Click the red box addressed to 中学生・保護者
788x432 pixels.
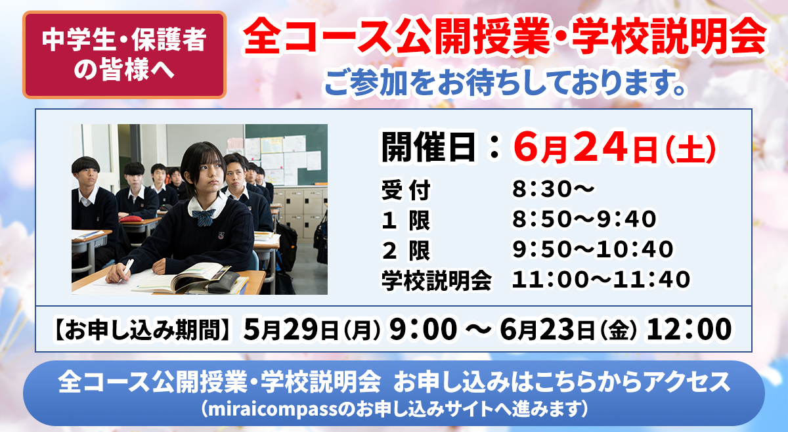124,54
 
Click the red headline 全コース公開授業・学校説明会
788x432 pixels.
505,37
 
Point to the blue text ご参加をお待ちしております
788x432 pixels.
505,83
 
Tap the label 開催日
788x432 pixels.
429,147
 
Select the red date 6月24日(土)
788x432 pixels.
614,147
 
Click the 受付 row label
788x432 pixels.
406,190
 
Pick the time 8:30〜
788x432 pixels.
553,189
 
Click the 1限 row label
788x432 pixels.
406,220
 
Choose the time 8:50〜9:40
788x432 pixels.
584,219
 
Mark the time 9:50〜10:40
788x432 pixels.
593,249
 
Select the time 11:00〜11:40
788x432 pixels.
601,279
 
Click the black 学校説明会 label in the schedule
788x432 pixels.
437,281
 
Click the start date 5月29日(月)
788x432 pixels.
312,330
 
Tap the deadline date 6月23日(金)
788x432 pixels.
568,330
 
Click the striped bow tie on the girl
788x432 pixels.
204,218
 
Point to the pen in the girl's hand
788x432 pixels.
127,269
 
